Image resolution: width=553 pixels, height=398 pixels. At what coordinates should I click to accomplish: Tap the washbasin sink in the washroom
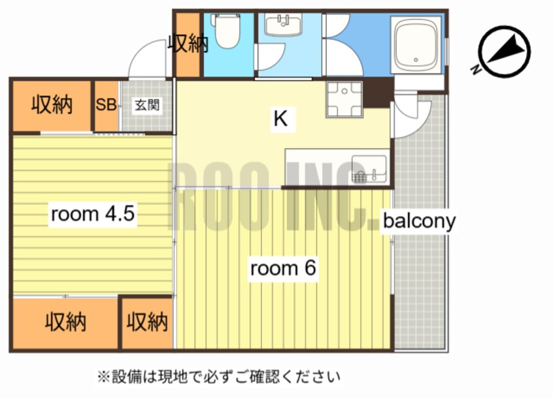[x=282, y=26]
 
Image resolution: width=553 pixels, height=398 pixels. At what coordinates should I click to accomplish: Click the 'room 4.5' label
[x=93, y=215]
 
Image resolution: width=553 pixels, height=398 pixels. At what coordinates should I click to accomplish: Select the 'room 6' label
[x=284, y=268]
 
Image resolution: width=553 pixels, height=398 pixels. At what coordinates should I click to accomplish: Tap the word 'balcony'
[x=419, y=221]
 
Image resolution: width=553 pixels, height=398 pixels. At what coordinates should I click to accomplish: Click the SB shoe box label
[x=106, y=104]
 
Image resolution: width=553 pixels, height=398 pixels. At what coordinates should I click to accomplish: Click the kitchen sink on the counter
[x=369, y=168]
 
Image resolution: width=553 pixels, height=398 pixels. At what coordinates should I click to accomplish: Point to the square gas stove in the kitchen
[x=344, y=99]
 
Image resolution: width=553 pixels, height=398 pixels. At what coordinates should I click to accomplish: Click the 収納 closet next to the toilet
[x=188, y=44]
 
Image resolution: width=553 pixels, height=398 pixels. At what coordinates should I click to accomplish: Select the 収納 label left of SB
[x=52, y=104]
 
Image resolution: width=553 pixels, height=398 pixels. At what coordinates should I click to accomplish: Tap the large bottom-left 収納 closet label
[x=65, y=322]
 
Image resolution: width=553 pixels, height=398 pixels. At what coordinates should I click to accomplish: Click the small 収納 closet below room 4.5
[x=146, y=322]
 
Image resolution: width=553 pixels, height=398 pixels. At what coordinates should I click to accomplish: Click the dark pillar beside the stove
[x=378, y=91]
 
